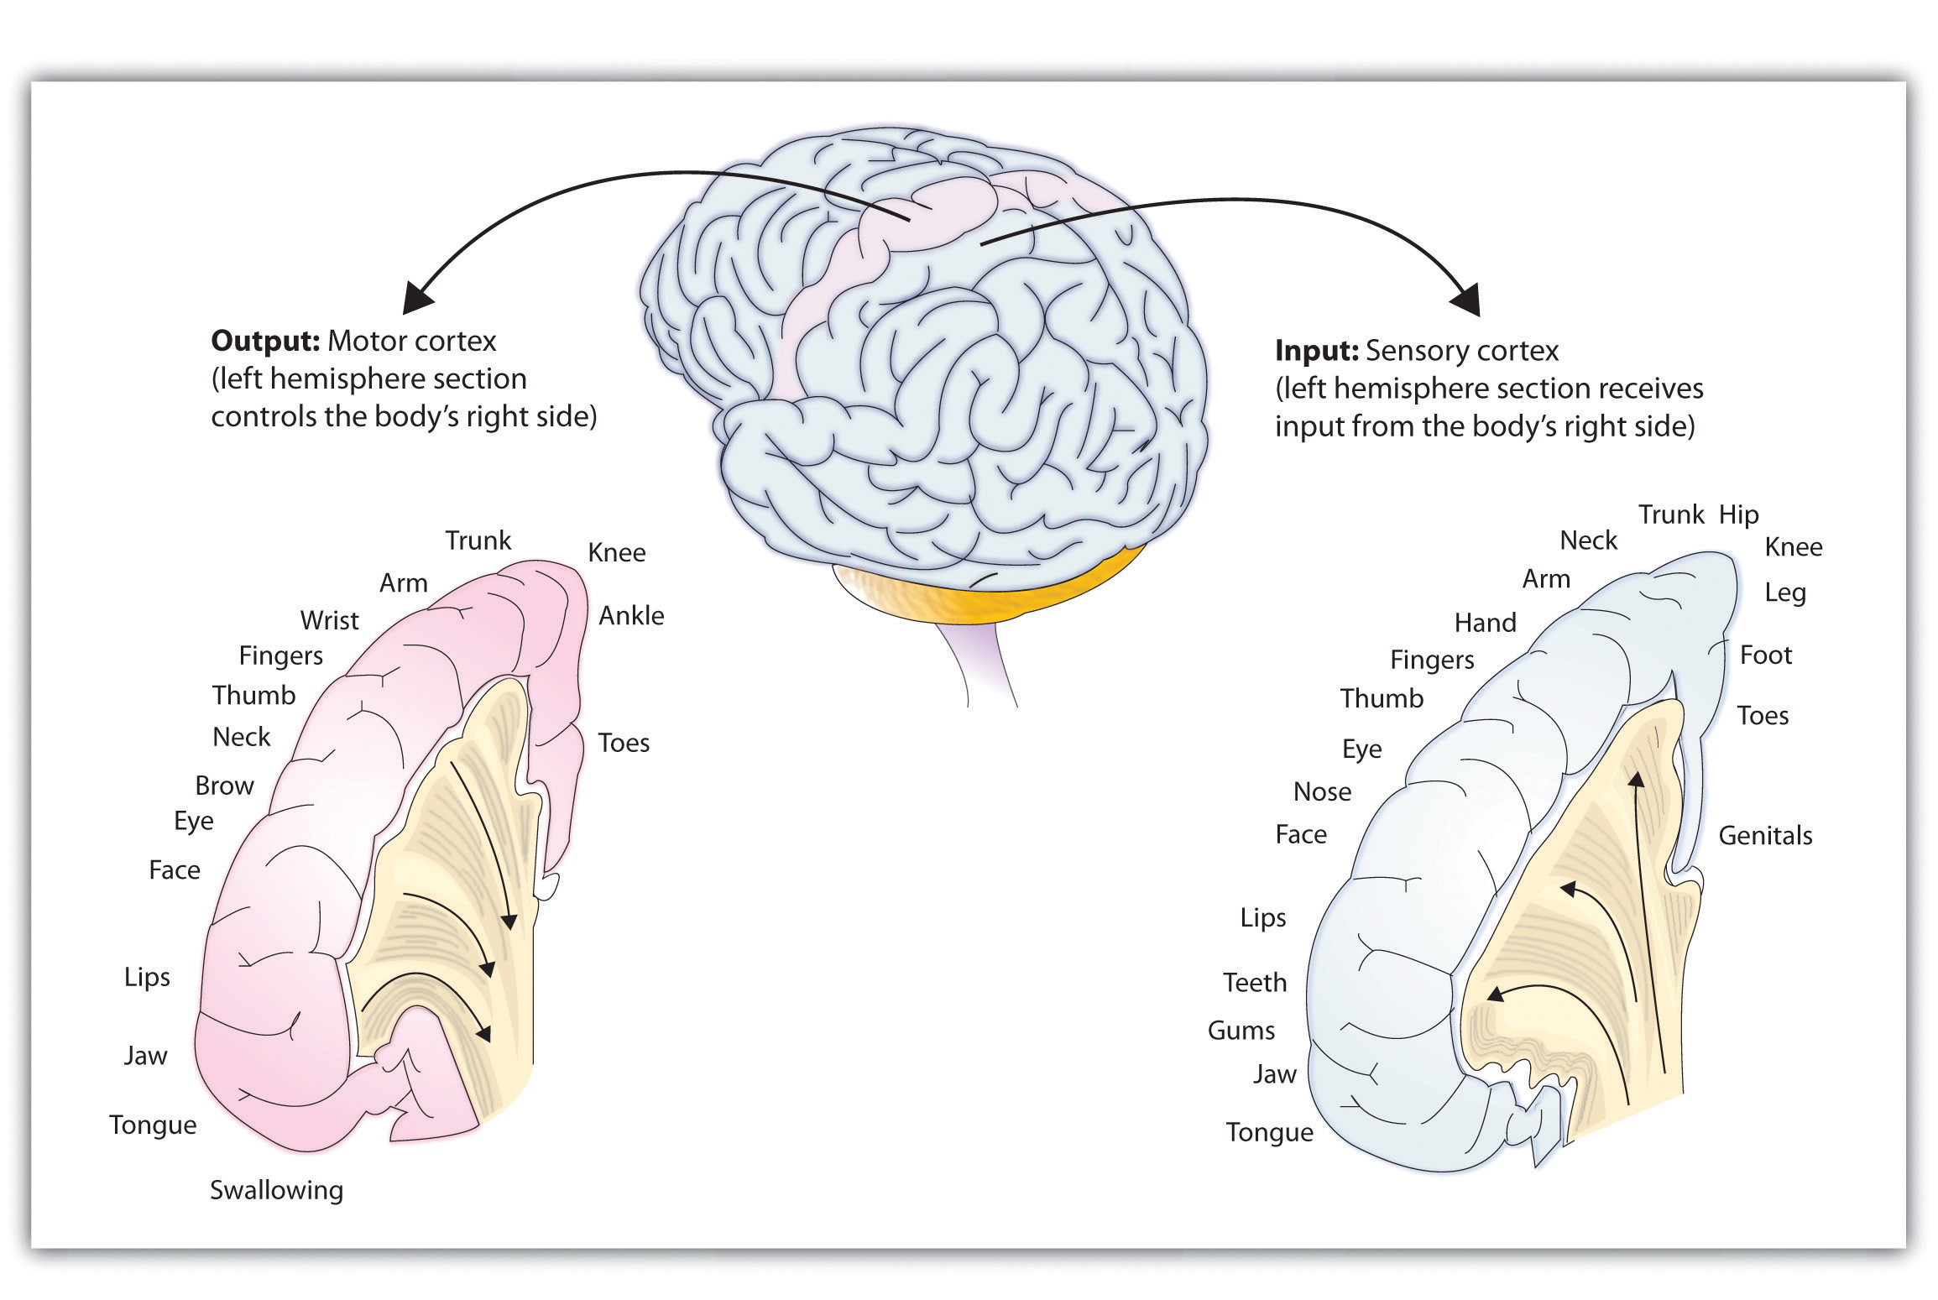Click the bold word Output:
264,342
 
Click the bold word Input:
1316,351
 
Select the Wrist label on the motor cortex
329,621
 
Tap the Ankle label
631,616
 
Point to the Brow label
224,786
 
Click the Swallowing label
276,1190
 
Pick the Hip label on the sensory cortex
1738,514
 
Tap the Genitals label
1765,836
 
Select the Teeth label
1254,983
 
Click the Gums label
1241,1031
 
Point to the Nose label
1322,792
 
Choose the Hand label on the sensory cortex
1485,623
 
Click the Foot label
1765,655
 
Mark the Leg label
1784,593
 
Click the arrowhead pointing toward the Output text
418,298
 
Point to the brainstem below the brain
982,663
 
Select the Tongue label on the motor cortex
153,1125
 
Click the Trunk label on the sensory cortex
1670,514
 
